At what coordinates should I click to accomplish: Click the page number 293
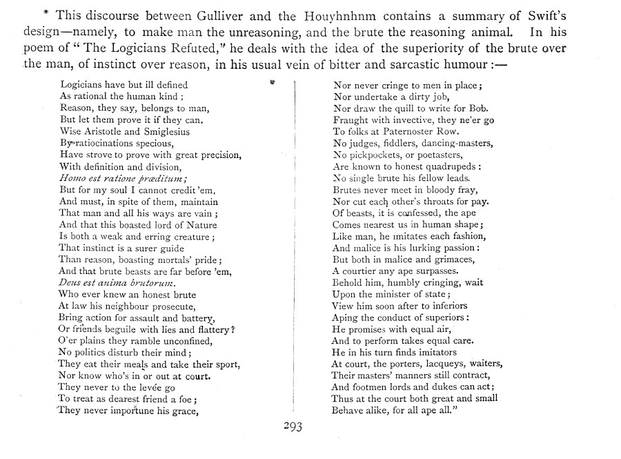(x=293, y=426)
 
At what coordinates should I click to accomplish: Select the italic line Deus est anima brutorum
(x=117, y=283)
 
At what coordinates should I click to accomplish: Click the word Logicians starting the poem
(x=82, y=84)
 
